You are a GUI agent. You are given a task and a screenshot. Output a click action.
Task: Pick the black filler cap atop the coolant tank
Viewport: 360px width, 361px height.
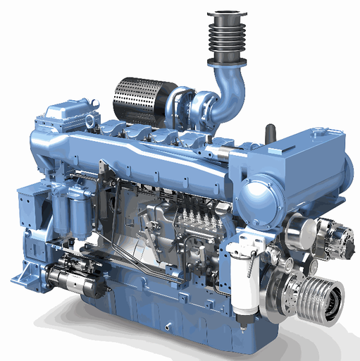pyautogui.click(x=269, y=132)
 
